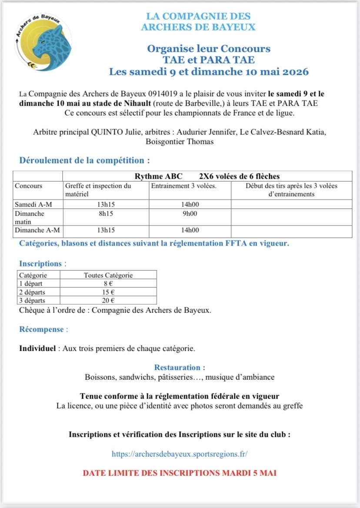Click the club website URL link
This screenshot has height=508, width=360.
(x=180, y=454)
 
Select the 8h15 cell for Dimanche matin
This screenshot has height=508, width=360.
(x=106, y=213)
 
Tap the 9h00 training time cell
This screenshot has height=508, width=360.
(x=190, y=213)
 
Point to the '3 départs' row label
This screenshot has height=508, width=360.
(x=33, y=300)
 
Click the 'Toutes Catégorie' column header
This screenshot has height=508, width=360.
(x=108, y=275)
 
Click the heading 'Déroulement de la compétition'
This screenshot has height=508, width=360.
(x=84, y=160)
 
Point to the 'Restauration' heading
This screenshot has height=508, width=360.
(x=180, y=368)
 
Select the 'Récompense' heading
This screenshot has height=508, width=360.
(x=42, y=329)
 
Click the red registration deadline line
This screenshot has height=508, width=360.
(x=180, y=472)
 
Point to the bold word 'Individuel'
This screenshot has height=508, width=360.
(x=37, y=349)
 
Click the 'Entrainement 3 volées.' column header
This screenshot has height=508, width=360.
(x=183, y=186)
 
